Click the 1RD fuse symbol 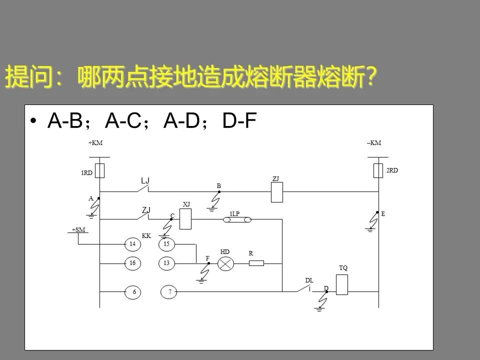point(100,170)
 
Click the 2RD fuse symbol point(378,170)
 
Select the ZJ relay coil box point(277,192)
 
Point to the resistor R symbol point(256,263)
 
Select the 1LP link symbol point(237,219)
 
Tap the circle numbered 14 point(132,244)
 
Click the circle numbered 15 point(166,244)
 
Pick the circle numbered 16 point(132,263)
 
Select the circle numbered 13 point(166,263)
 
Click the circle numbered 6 point(133,292)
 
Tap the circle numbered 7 point(168,292)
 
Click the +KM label point(95,143)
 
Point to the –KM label point(373,143)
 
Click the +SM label point(78,229)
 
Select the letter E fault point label point(383,213)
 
